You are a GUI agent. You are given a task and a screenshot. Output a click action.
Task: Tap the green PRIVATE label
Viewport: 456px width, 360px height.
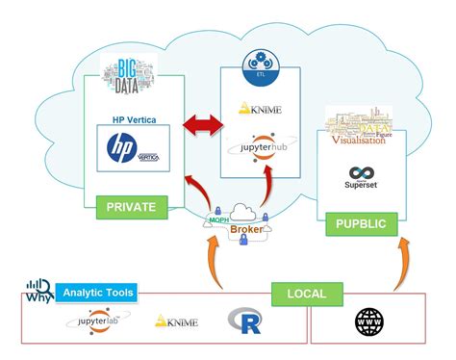point(131,205)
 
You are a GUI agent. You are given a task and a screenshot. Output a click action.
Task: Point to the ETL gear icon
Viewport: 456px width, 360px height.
point(255,64)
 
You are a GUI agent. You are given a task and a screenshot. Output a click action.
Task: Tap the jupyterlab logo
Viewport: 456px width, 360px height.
point(84,321)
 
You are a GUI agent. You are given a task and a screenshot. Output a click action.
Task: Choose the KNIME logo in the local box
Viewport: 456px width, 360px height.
point(176,321)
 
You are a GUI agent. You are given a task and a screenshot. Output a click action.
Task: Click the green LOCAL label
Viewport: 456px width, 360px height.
point(305,293)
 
